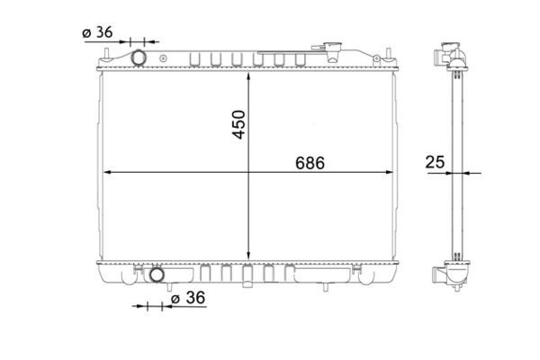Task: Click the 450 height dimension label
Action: click(239, 124)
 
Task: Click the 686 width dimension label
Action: click(310, 163)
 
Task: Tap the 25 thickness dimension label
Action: click(435, 162)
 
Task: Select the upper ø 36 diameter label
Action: click(97, 32)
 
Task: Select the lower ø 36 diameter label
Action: click(188, 298)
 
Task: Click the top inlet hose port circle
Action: click(139, 58)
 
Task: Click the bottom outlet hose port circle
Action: click(157, 274)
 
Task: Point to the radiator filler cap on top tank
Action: click(332, 50)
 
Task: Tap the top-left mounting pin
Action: click(106, 55)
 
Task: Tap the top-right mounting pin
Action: click(389, 54)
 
